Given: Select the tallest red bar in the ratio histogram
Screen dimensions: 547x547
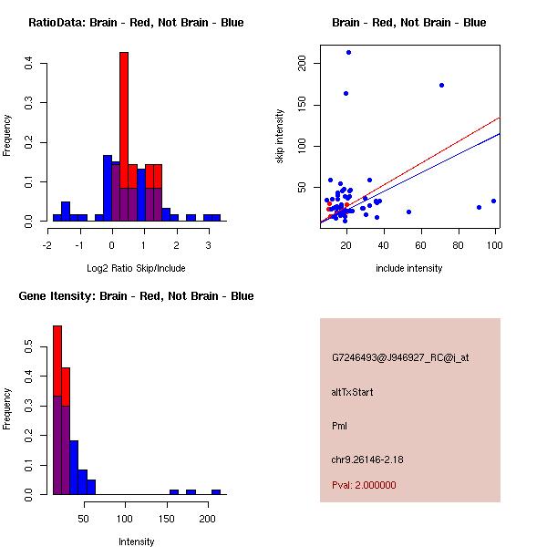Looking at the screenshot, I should coord(124,137).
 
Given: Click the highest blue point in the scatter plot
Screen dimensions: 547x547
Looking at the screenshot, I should coord(348,53).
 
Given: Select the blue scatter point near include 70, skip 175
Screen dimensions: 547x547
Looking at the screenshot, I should coord(441,85).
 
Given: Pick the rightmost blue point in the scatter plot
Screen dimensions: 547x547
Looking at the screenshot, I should coord(493,201).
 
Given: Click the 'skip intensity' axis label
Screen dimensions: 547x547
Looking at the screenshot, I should coord(280,137).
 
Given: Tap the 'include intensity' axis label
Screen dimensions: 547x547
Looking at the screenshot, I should coord(408,268).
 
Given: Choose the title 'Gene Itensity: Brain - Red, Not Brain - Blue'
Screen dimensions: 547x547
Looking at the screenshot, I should coord(136,295).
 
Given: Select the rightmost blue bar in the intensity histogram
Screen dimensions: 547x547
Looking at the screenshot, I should coord(216,491).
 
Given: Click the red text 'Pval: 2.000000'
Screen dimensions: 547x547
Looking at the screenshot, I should coord(364,485).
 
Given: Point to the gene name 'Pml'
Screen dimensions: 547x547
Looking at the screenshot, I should coord(340,426).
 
